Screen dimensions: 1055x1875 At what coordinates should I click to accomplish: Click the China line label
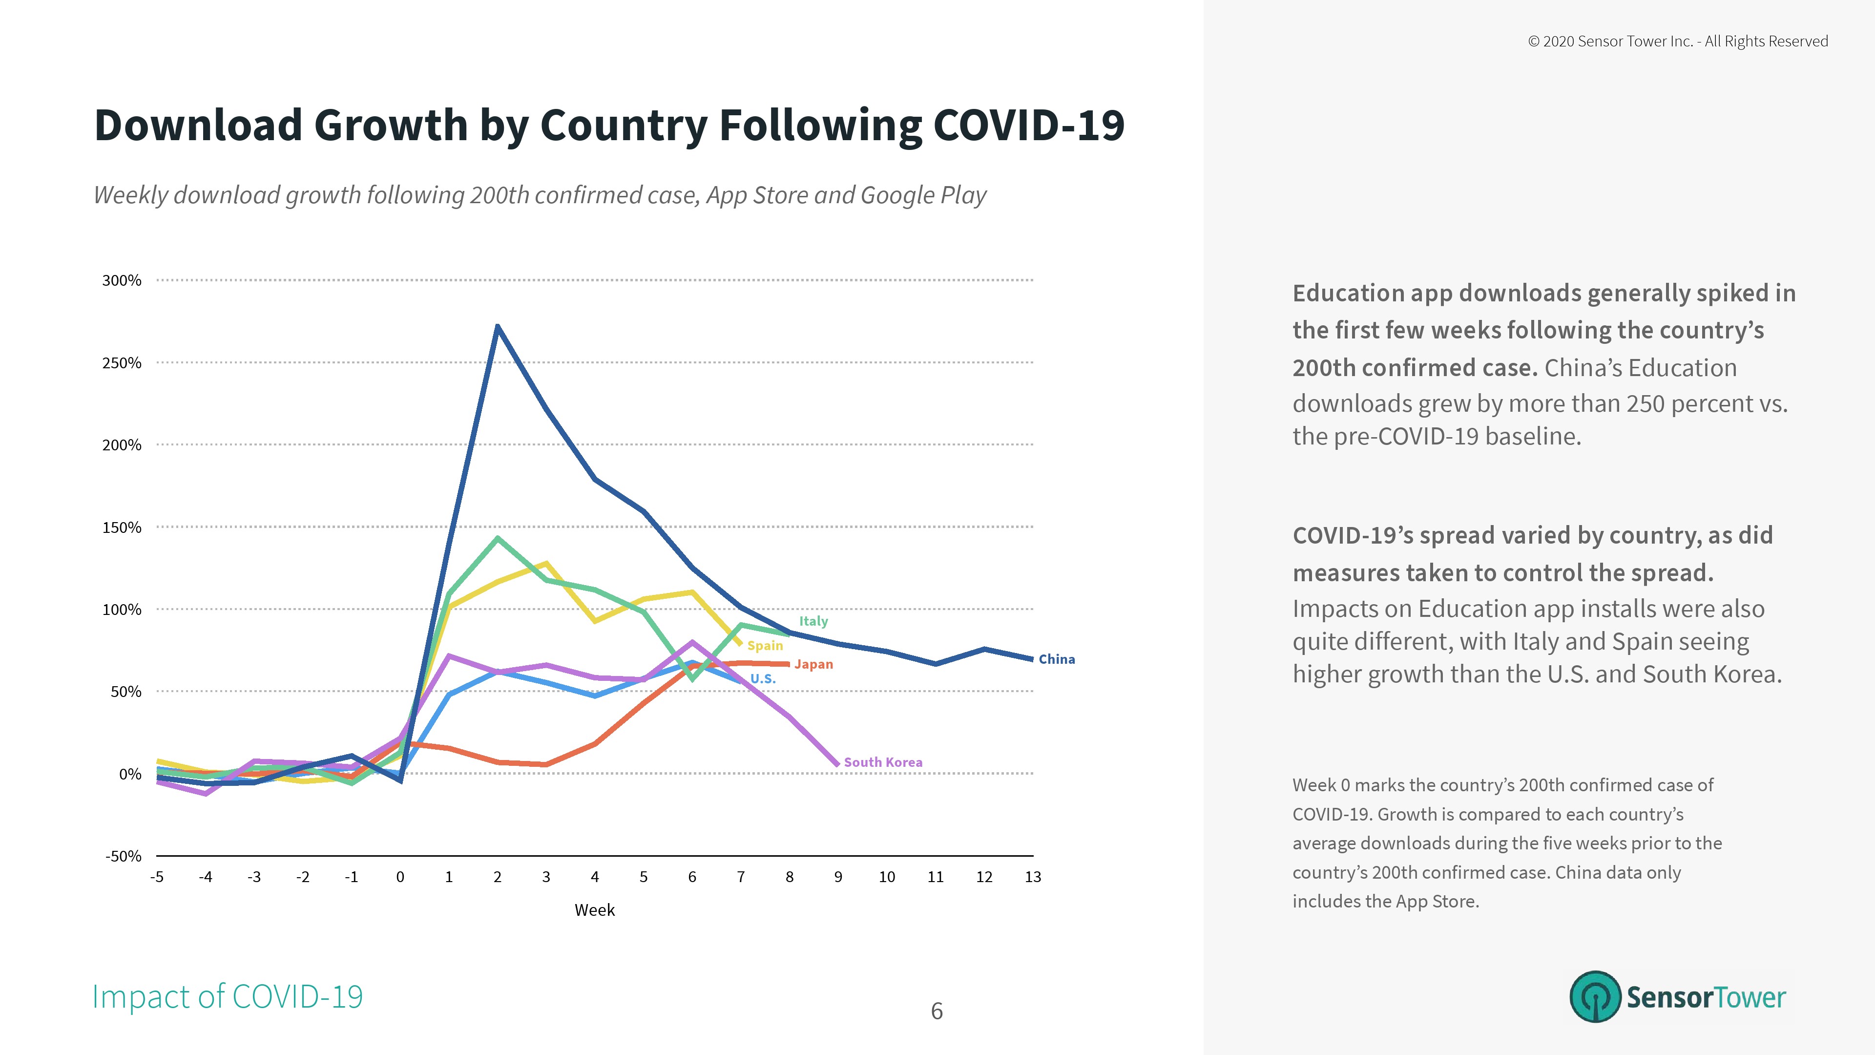coord(1056,659)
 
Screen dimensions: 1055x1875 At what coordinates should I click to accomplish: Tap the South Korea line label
coord(882,762)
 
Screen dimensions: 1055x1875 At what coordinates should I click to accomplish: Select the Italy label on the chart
coord(813,621)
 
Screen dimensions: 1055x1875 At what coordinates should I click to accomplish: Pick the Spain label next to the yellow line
coord(765,646)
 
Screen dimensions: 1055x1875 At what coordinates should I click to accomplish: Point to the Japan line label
coord(813,664)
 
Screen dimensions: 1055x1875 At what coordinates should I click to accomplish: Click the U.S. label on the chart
coord(763,678)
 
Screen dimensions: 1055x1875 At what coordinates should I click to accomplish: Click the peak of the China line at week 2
coord(497,326)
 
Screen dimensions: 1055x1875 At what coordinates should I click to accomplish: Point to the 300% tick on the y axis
coord(122,280)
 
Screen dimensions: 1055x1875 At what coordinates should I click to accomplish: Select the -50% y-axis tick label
coord(123,856)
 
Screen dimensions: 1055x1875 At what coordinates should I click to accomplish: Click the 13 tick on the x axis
coord(1032,877)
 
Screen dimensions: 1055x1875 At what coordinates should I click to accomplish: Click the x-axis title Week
coord(595,910)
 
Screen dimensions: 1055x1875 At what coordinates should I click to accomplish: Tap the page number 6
coord(937,1012)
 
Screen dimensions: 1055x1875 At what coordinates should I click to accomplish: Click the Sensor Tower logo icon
coord(1595,997)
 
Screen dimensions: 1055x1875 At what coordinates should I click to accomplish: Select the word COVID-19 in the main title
coord(1028,125)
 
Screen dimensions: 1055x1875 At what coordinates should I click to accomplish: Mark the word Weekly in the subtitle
coord(131,195)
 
